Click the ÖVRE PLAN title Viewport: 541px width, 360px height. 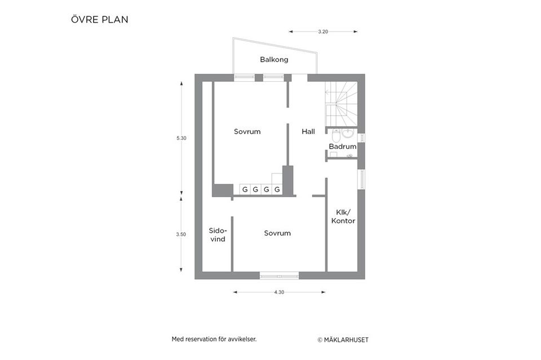coord(100,20)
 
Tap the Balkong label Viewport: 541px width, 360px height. coord(274,59)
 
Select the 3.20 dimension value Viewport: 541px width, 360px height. coord(323,32)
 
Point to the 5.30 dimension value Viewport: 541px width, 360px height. coord(181,138)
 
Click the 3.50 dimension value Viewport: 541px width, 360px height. coord(181,234)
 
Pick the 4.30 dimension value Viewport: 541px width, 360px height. coord(279,292)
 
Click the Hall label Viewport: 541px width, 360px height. coord(308,131)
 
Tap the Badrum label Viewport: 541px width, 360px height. coord(343,146)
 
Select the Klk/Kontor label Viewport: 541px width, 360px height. coord(343,216)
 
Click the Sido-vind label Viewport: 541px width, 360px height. coord(217,234)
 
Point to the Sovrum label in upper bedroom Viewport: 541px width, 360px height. coord(247,131)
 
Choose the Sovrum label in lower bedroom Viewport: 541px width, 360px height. coord(277,233)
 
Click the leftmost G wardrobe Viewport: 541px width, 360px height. coord(245,190)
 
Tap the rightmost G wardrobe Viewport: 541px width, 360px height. coord(277,190)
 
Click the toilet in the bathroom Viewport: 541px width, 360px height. coord(335,135)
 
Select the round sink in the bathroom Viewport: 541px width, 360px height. coord(348,134)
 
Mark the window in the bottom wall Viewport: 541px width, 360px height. coord(279,275)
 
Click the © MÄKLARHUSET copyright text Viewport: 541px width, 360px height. coord(343,340)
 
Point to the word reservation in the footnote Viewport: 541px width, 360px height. coord(205,339)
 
